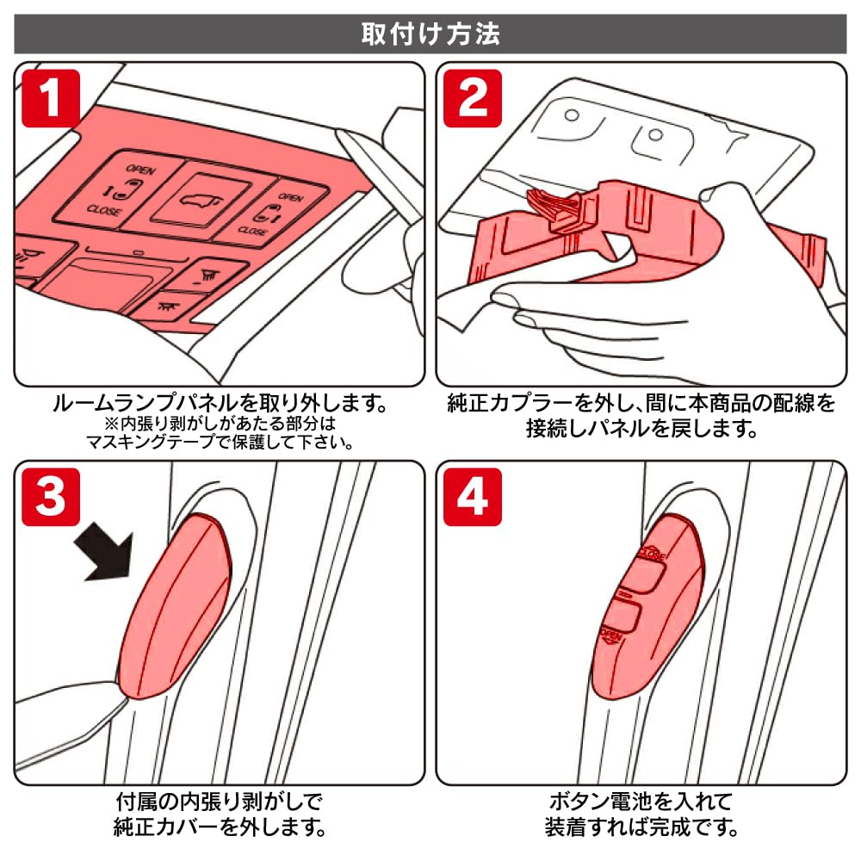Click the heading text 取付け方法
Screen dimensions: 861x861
pyautogui.click(x=430, y=34)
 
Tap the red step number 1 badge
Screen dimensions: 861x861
pyautogui.click(x=51, y=99)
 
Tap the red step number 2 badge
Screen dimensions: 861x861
pyautogui.click(x=473, y=99)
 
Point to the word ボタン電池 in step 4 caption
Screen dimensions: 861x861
pyautogui.click(x=591, y=803)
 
